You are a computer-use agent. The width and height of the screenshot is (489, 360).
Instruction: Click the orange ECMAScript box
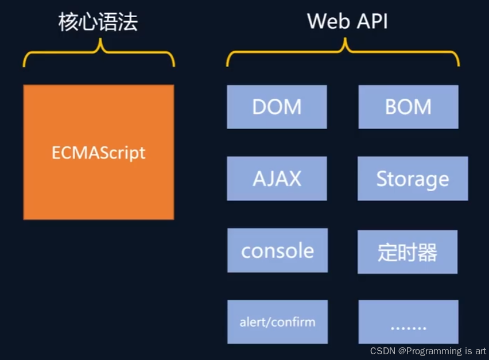(x=99, y=152)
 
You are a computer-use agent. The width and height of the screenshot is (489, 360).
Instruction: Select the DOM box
(x=277, y=107)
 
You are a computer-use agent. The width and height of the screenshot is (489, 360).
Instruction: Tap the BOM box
(x=408, y=107)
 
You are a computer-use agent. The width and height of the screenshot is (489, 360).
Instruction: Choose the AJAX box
(x=277, y=179)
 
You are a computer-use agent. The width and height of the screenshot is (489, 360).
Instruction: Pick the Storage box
(x=412, y=179)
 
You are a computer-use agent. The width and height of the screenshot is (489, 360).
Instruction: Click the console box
(x=277, y=250)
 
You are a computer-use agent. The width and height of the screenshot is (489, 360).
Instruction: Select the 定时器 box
(x=407, y=252)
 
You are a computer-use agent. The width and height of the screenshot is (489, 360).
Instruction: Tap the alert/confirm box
(x=277, y=322)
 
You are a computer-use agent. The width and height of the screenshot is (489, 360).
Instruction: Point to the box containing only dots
(x=408, y=322)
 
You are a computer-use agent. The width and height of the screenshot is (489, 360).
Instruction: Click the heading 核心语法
(x=98, y=22)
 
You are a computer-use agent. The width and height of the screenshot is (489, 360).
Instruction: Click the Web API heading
(x=347, y=22)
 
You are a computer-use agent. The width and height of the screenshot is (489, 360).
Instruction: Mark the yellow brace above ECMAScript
(x=99, y=55)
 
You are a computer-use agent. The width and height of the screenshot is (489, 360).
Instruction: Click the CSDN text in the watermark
(x=382, y=351)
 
